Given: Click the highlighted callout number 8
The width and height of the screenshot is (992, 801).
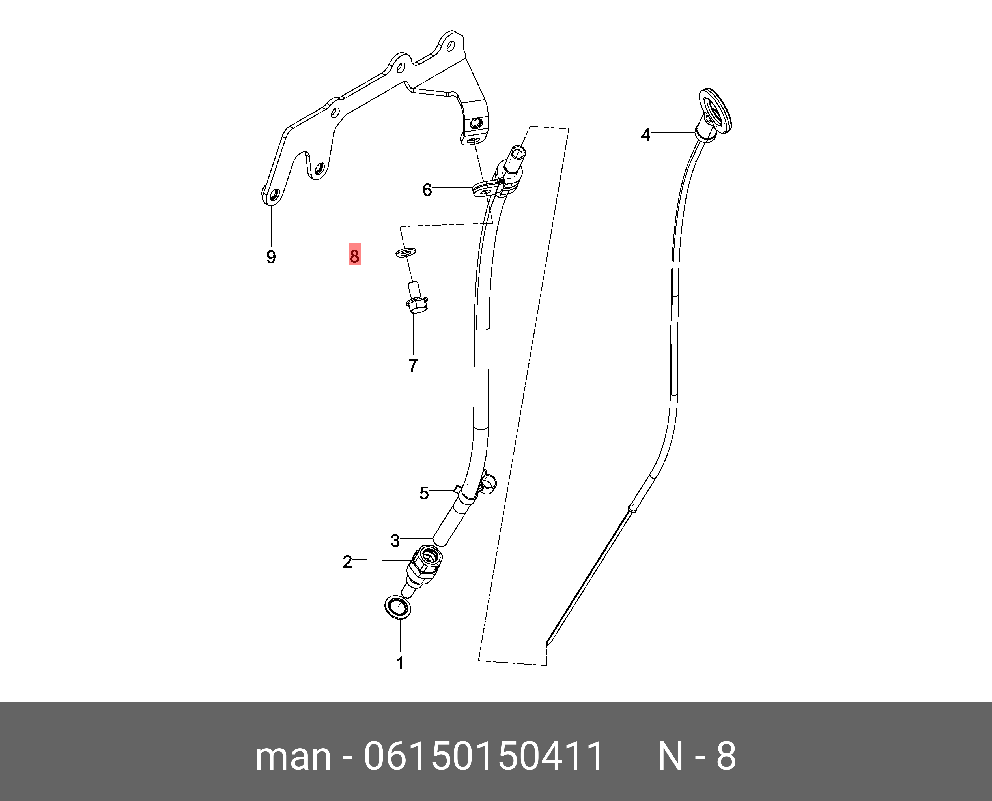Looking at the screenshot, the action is [x=354, y=255].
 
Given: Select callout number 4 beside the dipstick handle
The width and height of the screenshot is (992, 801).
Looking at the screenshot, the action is [x=645, y=135].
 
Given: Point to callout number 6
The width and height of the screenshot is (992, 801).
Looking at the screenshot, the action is [x=427, y=190].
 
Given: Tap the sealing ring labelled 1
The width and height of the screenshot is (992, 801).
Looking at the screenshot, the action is [x=397, y=607].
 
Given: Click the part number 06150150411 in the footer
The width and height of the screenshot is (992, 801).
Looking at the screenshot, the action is [x=483, y=757].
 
